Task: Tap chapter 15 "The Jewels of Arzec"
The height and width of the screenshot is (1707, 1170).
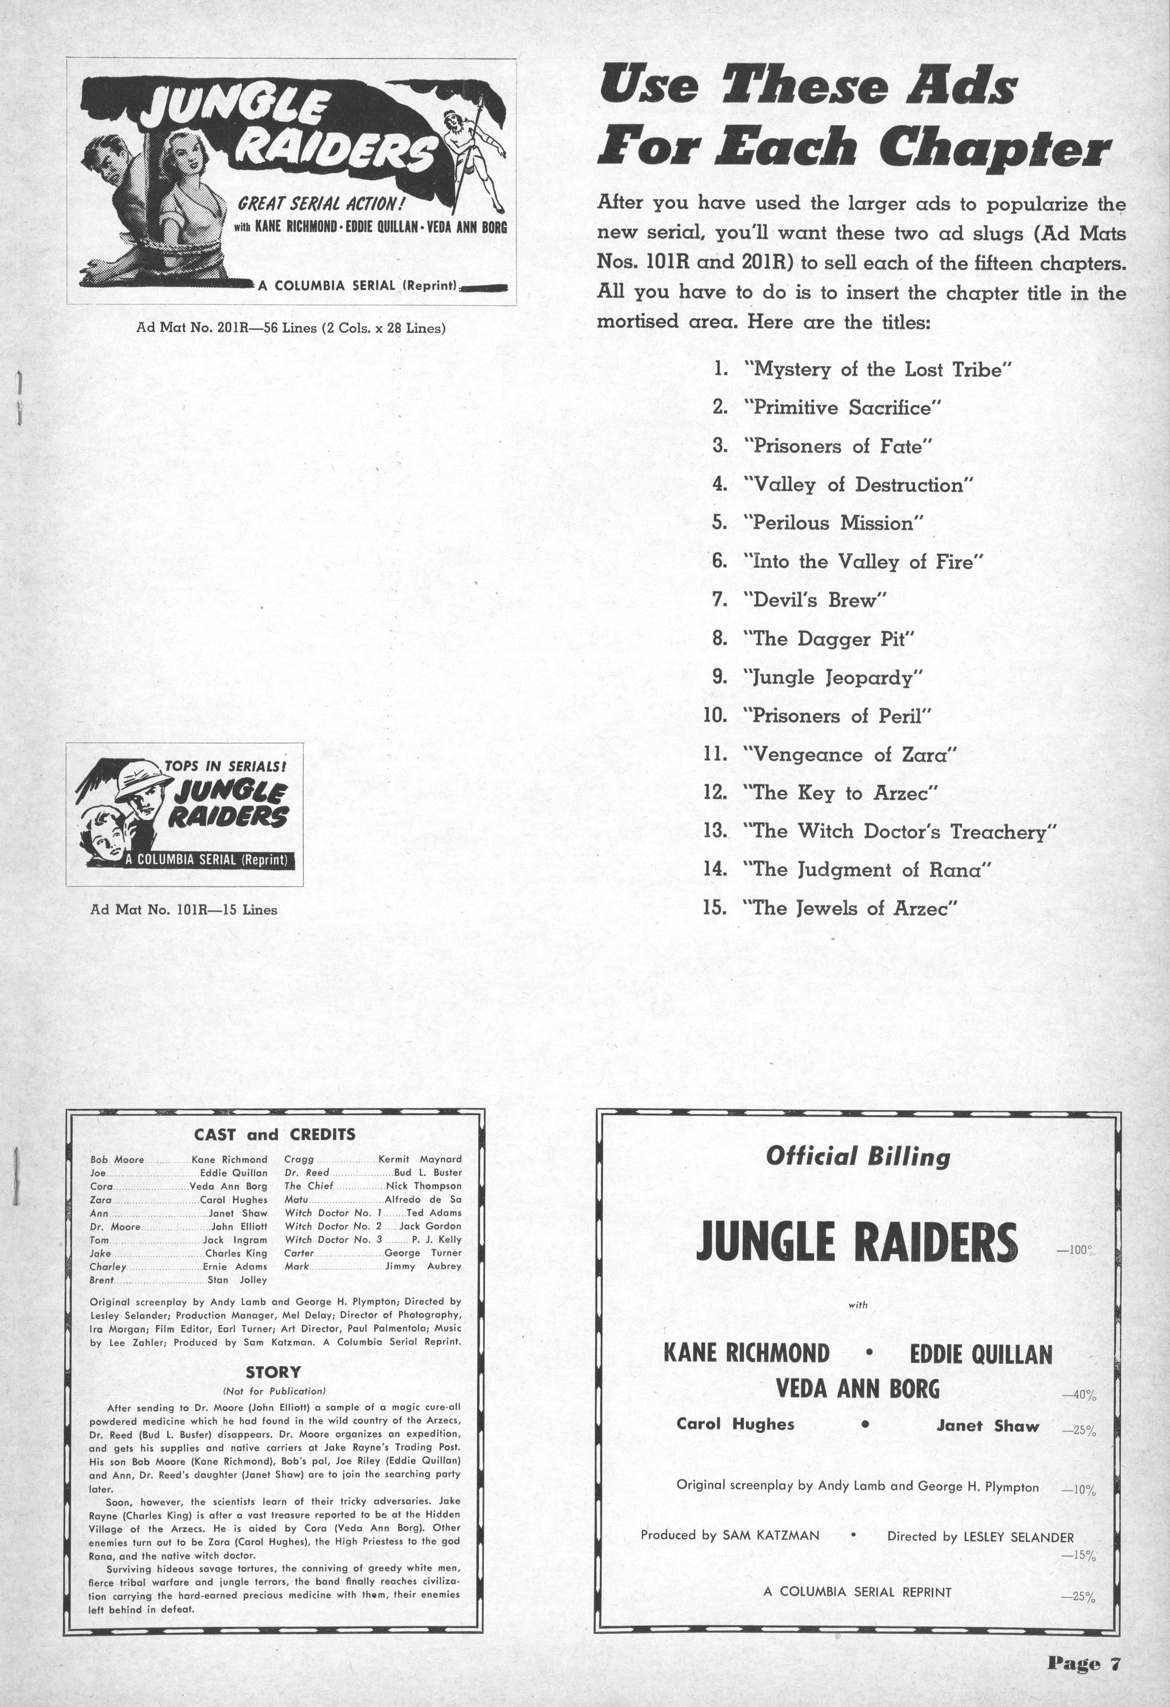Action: click(851, 908)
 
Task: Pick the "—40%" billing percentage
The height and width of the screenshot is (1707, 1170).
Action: click(1078, 1396)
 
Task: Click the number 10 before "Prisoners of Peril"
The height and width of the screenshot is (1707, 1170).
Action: click(715, 715)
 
